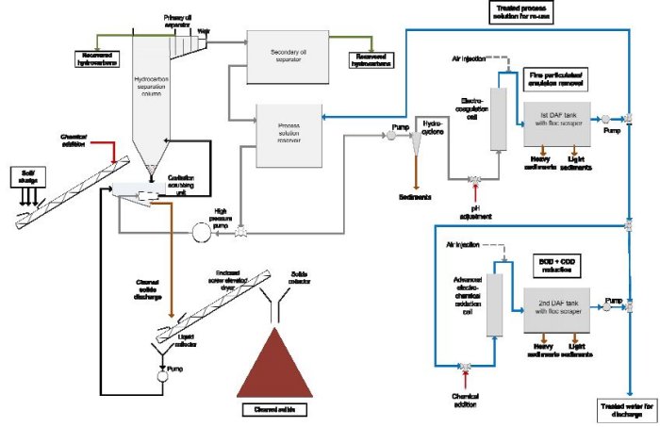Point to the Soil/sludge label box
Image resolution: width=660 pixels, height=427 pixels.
22,174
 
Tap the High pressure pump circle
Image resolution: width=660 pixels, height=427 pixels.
199,231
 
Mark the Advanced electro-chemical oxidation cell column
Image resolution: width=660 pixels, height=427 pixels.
491,304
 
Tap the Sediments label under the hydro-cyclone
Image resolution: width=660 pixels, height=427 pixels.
417,197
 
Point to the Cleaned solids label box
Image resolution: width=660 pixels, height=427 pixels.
273,408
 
